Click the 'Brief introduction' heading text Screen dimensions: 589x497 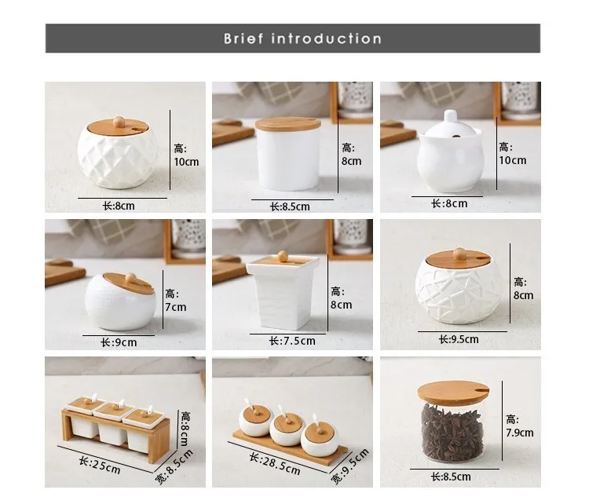tap(302, 38)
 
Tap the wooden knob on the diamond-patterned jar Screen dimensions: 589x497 tap(119, 122)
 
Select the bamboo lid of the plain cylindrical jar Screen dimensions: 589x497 tap(288, 123)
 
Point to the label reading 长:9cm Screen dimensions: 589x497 tap(119, 342)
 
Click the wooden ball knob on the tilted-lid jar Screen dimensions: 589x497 tap(130, 278)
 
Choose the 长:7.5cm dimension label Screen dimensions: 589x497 tap(292, 341)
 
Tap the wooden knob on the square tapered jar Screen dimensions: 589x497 tap(283, 256)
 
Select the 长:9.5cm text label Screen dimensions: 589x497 tap(459, 339)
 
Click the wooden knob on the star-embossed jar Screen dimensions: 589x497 tap(459, 254)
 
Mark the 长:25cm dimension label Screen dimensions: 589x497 tap(100, 465)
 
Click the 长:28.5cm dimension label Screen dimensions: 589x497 tap(276, 464)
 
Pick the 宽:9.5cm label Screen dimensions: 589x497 tap(349, 466)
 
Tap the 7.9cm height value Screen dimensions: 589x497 tap(520, 433)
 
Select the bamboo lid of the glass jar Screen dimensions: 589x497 tap(453, 393)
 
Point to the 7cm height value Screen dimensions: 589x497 tap(176, 307)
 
